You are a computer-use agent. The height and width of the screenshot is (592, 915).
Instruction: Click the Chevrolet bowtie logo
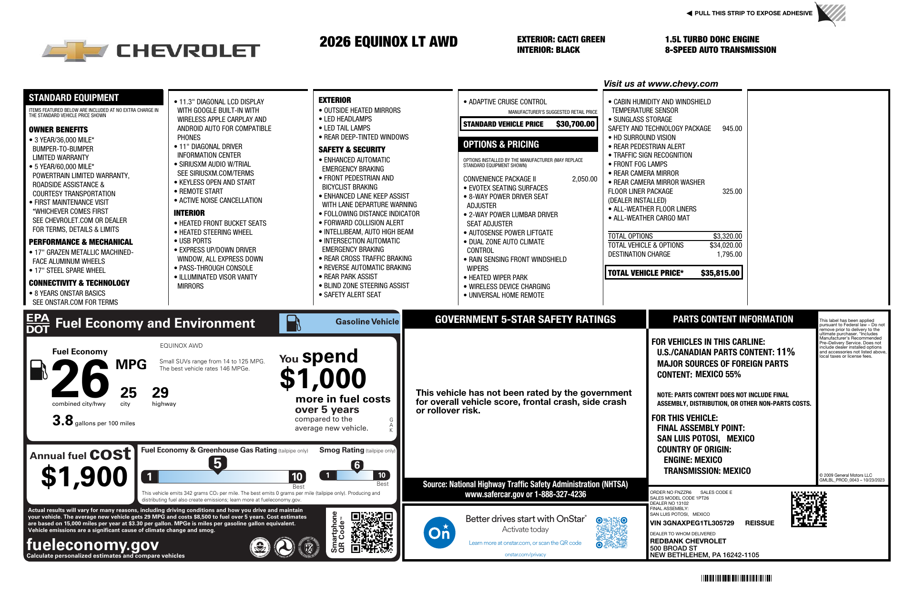(75, 50)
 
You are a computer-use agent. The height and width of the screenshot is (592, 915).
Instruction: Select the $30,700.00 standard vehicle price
(575, 124)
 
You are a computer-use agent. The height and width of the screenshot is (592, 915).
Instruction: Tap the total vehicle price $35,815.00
(720, 273)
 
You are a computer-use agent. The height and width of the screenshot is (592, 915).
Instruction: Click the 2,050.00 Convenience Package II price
(584, 179)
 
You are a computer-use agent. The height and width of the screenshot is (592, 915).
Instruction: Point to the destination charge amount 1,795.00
(729, 254)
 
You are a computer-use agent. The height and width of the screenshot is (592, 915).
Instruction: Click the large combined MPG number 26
(80, 379)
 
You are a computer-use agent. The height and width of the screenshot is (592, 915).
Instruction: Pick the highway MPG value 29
(160, 393)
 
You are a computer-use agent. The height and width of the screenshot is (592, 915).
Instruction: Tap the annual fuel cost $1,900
(84, 477)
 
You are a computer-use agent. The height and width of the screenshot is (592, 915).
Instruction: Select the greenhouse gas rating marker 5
(217, 463)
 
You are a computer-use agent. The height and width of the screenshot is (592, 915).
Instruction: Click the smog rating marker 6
(357, 465)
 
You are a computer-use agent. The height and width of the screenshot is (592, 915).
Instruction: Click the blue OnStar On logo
(439, 532)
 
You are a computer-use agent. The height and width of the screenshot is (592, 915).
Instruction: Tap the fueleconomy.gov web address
(92, 544)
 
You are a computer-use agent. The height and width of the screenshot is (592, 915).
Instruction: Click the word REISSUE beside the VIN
(759, 523)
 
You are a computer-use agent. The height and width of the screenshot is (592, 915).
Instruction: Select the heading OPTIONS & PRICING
(501, 144)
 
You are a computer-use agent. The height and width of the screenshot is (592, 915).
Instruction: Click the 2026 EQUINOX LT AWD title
(388, 42)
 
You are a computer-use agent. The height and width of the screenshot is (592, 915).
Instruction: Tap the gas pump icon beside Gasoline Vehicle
(293, 323)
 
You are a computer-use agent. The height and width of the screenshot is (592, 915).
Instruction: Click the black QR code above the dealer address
(809, 509)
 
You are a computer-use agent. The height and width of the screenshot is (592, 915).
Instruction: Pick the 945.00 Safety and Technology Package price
(732, 129)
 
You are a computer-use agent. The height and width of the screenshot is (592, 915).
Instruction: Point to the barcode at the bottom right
(736, 578)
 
